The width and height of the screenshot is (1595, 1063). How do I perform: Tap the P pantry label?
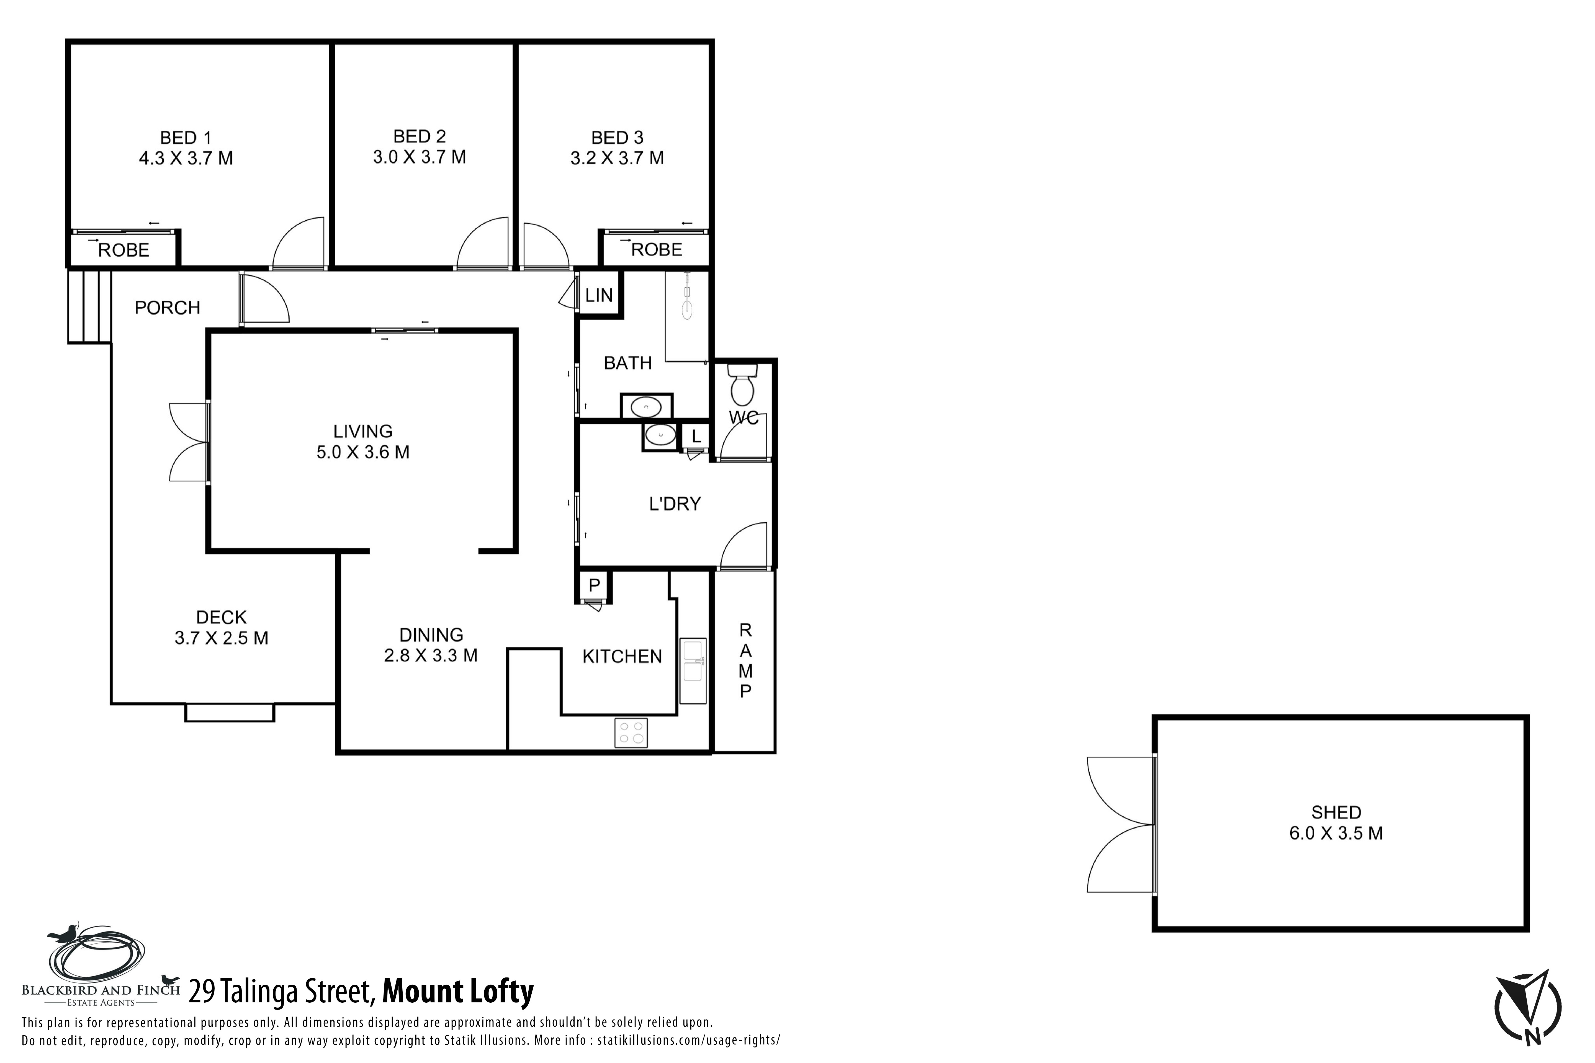594,585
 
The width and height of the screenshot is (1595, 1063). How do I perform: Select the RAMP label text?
745,661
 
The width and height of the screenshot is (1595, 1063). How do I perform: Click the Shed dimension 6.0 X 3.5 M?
1336,833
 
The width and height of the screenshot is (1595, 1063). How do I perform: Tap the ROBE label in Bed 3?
657,249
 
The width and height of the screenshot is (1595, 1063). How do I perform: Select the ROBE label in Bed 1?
124,250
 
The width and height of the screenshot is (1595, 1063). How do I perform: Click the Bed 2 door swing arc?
475,231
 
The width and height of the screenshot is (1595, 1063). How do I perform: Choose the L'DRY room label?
675,504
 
